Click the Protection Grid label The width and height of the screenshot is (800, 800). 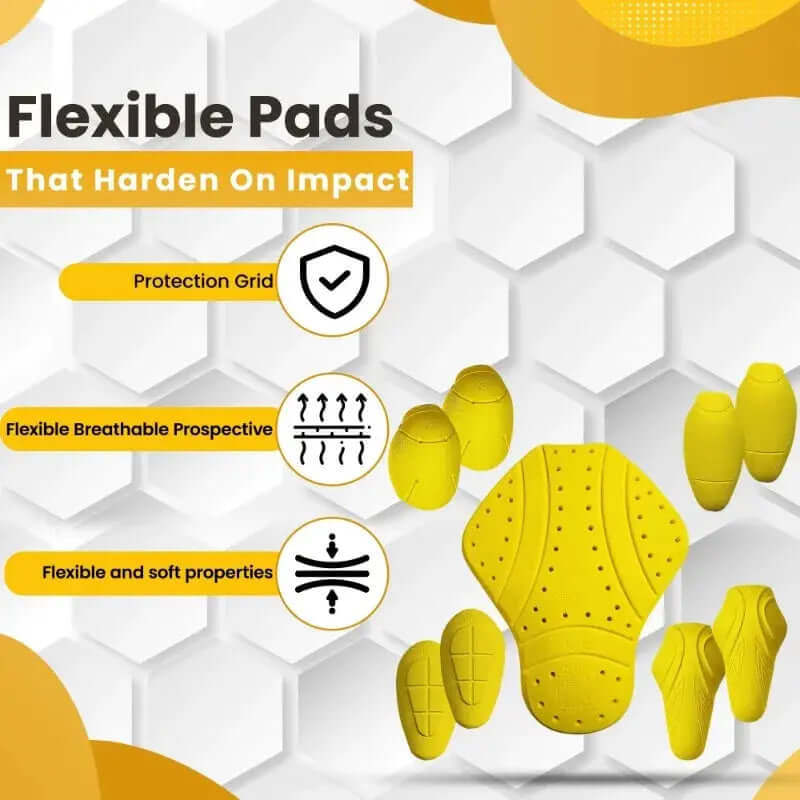coord(203,281)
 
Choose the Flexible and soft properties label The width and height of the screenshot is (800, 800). coord(157,573)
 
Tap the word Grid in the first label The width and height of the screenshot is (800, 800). coord(254,281)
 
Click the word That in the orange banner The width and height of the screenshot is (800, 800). coord(43,180)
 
